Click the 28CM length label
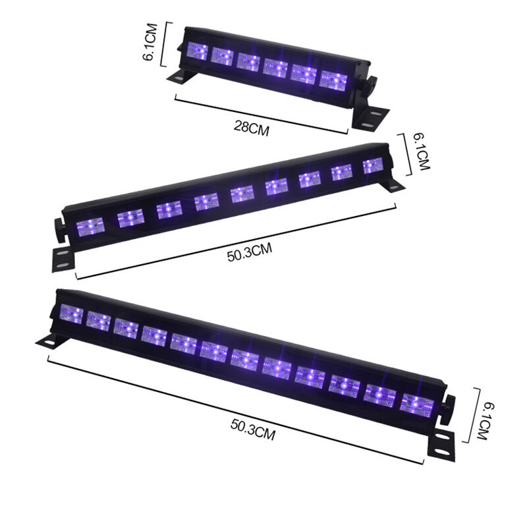252,128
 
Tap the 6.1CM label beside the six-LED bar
150,42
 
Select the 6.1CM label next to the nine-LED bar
421,152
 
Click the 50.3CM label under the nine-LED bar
250,252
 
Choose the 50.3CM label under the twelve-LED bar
253,430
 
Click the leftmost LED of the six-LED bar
197,51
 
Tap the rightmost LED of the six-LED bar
333,80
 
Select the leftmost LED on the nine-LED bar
90,227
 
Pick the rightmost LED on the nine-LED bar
373,166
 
